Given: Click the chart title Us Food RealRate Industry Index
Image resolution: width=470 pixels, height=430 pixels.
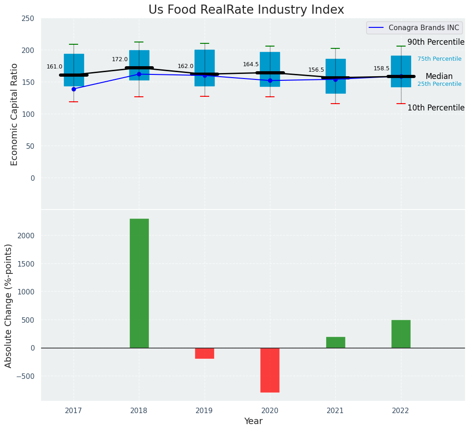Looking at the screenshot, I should tap(246, 10).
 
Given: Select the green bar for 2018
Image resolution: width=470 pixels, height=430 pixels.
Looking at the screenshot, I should tap(139, 283).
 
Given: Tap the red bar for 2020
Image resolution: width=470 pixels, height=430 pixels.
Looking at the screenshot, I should tap(269, 370).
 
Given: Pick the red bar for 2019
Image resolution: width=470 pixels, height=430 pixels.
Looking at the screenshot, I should tap(204, 353).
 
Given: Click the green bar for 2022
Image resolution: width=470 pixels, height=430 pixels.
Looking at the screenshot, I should tap(401, 334).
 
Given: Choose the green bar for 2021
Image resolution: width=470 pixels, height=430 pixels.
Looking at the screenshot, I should tap(335, 342).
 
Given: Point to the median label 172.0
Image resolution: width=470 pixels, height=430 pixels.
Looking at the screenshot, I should tap(120, 59).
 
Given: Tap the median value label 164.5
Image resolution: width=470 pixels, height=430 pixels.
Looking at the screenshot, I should tap(251, 64).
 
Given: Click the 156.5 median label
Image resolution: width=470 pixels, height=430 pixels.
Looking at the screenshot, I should tap(316, 70).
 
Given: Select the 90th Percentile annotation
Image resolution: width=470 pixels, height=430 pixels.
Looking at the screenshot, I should tap(436, 42).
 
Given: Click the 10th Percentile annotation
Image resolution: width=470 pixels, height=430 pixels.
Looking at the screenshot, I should tap(436, 108).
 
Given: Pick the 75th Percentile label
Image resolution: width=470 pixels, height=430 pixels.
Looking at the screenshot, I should tap(439, 59).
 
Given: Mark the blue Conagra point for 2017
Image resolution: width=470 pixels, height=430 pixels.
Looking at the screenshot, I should tap(74, 89).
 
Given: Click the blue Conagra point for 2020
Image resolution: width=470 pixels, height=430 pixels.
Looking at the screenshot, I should tap(270, 80).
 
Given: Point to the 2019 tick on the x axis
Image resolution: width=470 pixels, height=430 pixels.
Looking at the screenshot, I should tap(204, 410).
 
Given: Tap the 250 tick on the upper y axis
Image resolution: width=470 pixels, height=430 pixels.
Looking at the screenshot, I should tap(28, 19).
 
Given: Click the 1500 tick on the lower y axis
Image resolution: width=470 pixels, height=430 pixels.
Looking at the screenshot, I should tap(26, 264).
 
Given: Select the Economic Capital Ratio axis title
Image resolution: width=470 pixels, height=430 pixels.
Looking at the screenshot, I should tap(14, 114).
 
